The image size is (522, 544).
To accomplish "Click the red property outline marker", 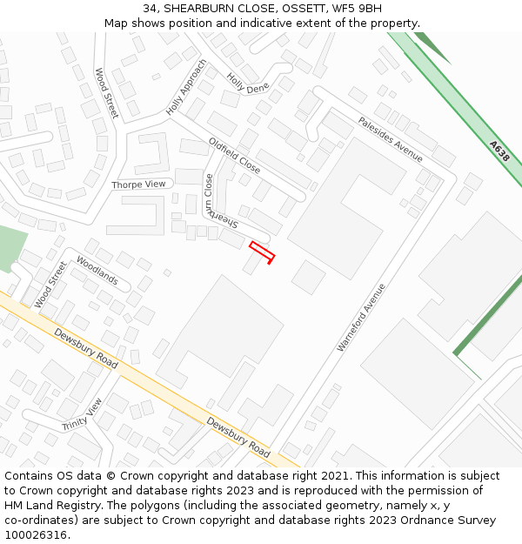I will tap(262, 252).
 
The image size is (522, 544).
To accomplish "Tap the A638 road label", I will tap(499, 151).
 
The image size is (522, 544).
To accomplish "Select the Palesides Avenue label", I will tap(390, 139).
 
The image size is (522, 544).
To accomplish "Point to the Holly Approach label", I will tap(187, 88).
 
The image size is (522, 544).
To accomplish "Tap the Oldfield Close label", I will tap(234, 154).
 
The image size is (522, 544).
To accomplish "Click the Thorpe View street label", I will tap(138, 185).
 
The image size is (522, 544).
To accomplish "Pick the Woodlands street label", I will tap(97, 271).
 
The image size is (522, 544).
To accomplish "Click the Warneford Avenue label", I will tap(361, 318).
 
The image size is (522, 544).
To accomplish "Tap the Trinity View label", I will tap(82, 414).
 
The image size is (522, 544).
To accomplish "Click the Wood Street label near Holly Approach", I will tap(106, 93).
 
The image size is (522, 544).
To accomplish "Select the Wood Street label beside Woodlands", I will tap(50, 285).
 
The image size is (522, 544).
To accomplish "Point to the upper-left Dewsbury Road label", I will tap(85, 348).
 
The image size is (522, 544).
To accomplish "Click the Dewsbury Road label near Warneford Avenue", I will tap(238, 437).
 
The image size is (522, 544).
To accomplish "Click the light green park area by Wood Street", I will tap(11, 246).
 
